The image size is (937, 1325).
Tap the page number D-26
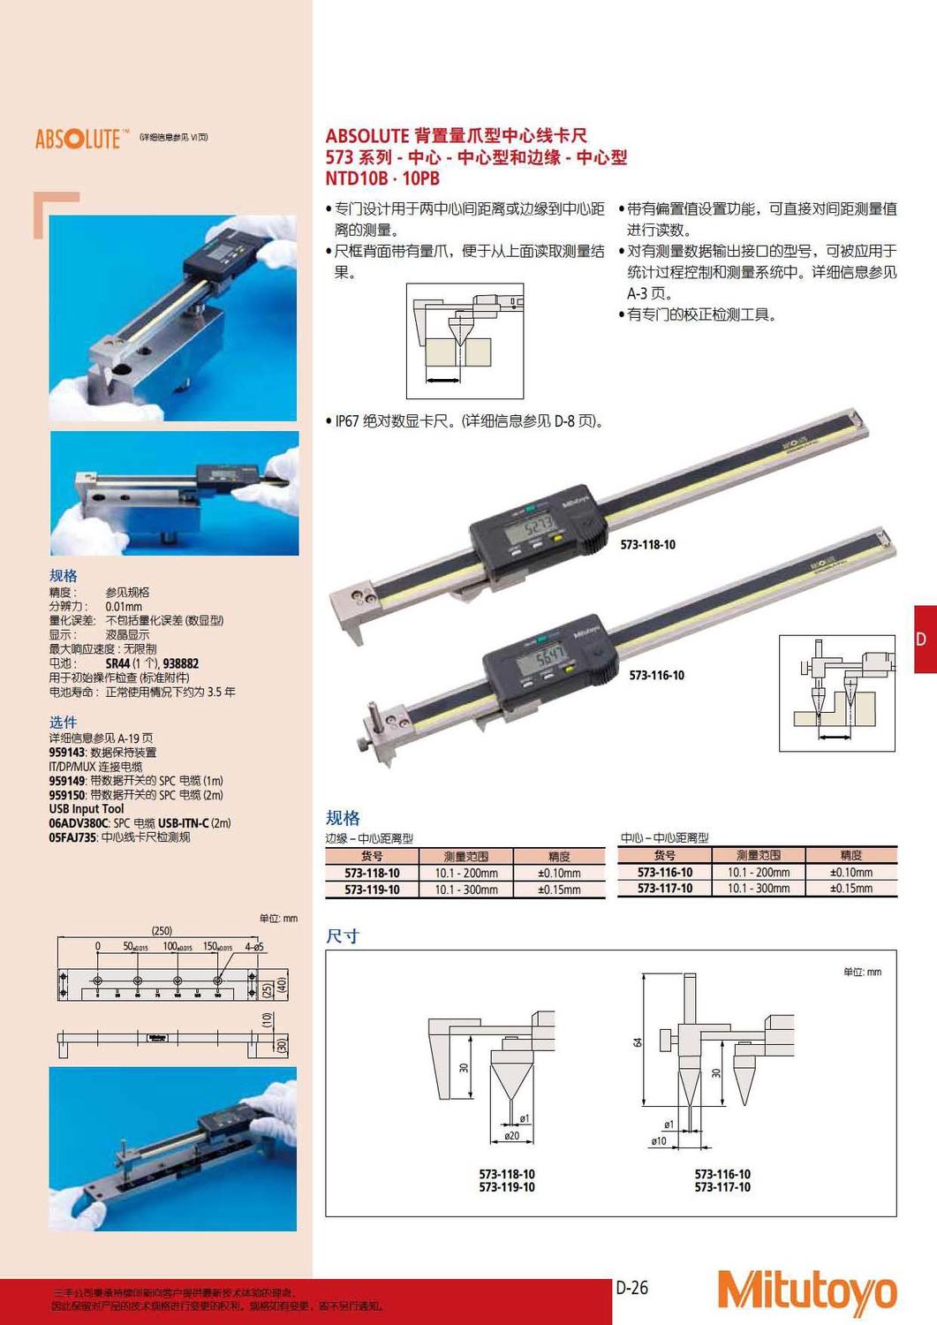click(x=632, y=1288)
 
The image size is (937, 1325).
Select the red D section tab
click(x=924, y=639)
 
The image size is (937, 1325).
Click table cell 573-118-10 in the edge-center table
click(x=372, y=873)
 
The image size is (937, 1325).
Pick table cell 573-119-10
click(x=372, y=890)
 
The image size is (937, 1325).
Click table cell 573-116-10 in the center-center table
click(x=664, y=872)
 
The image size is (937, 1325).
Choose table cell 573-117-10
click(x=664, y=889)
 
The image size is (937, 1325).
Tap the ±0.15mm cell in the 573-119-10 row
click(x=559, y=890)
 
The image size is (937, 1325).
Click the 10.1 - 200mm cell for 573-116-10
click(x=759, y=872)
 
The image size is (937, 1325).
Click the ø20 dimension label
click(x=512, y=1136)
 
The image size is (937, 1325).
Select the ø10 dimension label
click(x=659, y=1141)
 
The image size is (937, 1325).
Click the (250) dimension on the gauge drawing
click(x=162, y=930)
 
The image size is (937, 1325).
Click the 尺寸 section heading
click(x=343, y=936)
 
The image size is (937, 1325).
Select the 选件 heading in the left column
click(x=63, y=722)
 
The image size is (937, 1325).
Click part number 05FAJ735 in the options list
click(x=72, y=837)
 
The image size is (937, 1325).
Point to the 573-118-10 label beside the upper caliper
click(x=647, y=545)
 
